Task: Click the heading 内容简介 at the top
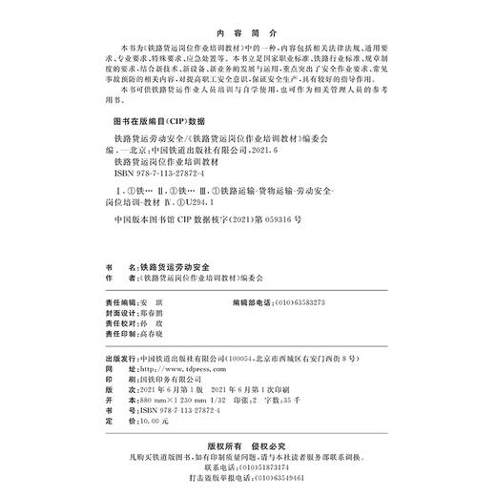click(x=247, y=30)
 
